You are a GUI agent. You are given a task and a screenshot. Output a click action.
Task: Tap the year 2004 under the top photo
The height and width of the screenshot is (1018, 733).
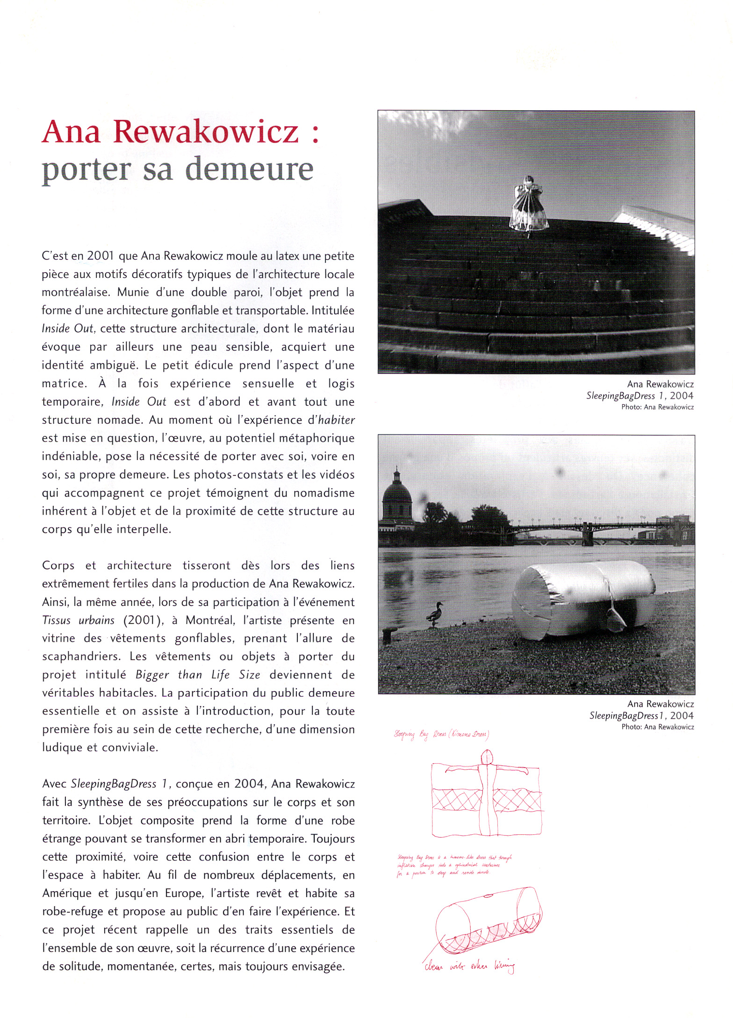[x=682, y=396]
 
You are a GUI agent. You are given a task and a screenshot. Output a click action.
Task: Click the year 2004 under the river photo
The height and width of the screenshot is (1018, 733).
[x=682, y=715]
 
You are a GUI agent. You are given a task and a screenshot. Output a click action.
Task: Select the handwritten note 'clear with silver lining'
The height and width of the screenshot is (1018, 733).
[x=469, y=966]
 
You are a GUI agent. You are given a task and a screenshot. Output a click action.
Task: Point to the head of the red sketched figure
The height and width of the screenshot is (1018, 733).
[x=487, y=756]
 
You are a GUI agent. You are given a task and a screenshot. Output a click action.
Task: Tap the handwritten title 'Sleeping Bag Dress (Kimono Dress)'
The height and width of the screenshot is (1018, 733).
[x=441, y=734]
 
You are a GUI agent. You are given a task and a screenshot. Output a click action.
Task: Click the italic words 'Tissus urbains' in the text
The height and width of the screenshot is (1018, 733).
[x=78, y=621]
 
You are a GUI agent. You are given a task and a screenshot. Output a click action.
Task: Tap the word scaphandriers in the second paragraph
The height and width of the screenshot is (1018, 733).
[x=81, y=657]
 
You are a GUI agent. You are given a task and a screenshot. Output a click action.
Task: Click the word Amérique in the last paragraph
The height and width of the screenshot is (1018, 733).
[x=67, y=893]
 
